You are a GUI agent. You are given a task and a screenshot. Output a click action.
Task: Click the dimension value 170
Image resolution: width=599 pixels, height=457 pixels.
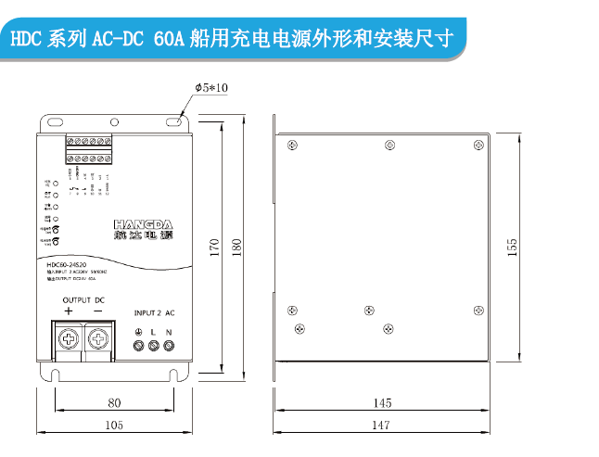point(214,248)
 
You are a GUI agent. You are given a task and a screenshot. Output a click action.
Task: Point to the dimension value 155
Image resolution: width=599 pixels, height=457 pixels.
point(512,248)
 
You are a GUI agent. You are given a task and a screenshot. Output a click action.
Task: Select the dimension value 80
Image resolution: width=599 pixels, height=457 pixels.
point(115,402)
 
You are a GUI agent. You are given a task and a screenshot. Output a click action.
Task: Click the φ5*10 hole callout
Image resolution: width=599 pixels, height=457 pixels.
point(211,87)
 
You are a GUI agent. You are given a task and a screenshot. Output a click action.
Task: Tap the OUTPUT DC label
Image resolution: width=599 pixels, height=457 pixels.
point(83,299)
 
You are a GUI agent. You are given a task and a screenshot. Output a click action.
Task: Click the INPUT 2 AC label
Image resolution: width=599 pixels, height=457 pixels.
point(154,312)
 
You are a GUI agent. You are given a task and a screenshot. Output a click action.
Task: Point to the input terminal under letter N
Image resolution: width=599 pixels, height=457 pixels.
point(169,346)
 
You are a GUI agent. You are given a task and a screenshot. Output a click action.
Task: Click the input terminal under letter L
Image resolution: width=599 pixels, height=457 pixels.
point(154,346)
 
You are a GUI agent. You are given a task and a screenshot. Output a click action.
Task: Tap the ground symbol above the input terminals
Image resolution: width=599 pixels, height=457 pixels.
point(139,331)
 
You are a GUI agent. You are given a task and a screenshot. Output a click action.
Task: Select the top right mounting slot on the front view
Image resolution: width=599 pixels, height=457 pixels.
point(174,121)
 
